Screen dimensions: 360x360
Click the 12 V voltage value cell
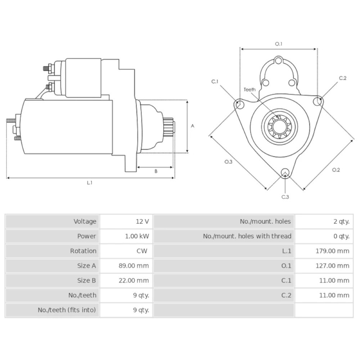[142, 221]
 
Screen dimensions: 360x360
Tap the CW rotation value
[142, 251]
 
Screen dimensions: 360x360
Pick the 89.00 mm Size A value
[134, 266]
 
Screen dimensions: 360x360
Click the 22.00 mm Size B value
[134, 280]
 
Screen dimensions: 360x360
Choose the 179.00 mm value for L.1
[332, 251]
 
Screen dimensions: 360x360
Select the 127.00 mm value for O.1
[332, 266]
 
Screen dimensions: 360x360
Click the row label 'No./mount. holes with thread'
[247, 236]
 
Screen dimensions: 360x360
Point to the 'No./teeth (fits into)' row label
[67, 310]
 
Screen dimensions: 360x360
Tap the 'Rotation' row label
[83, 251]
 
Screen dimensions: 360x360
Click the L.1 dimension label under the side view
[90, 183]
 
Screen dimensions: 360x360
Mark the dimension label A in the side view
[193, 126]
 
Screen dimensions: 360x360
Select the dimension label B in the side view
[156, 171]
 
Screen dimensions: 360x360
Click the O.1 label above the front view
[279, 44]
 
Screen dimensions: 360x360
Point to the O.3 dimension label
[228, 162]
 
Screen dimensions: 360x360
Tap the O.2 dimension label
[336, 170]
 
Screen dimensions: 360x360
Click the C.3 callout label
[285, 197]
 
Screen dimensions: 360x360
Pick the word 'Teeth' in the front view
[249, 90]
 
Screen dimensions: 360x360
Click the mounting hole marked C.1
[238, 104]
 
